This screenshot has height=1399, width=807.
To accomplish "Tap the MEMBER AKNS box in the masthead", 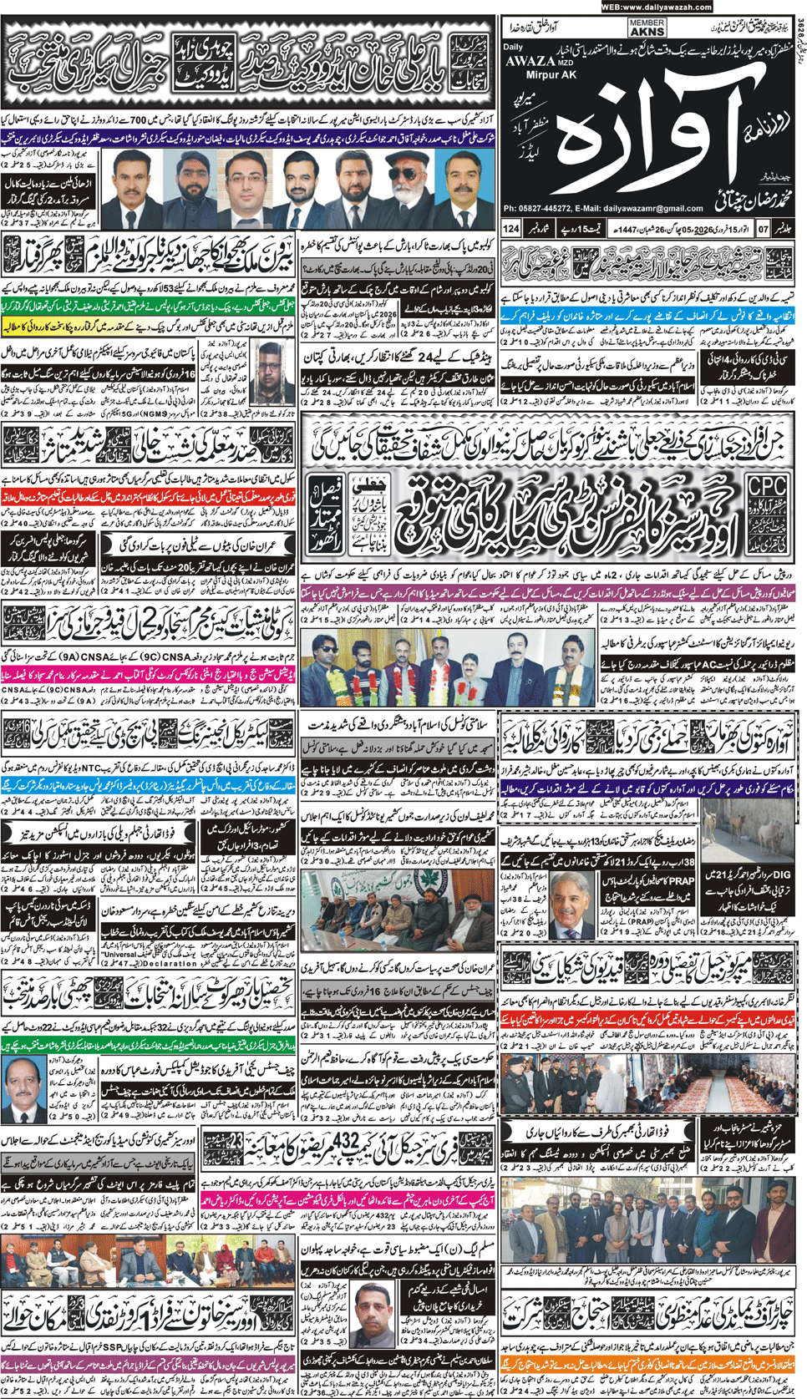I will coord(647,28).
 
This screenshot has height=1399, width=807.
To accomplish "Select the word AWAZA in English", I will coord(530,60).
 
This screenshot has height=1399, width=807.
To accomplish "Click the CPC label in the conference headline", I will coord(766,486).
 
